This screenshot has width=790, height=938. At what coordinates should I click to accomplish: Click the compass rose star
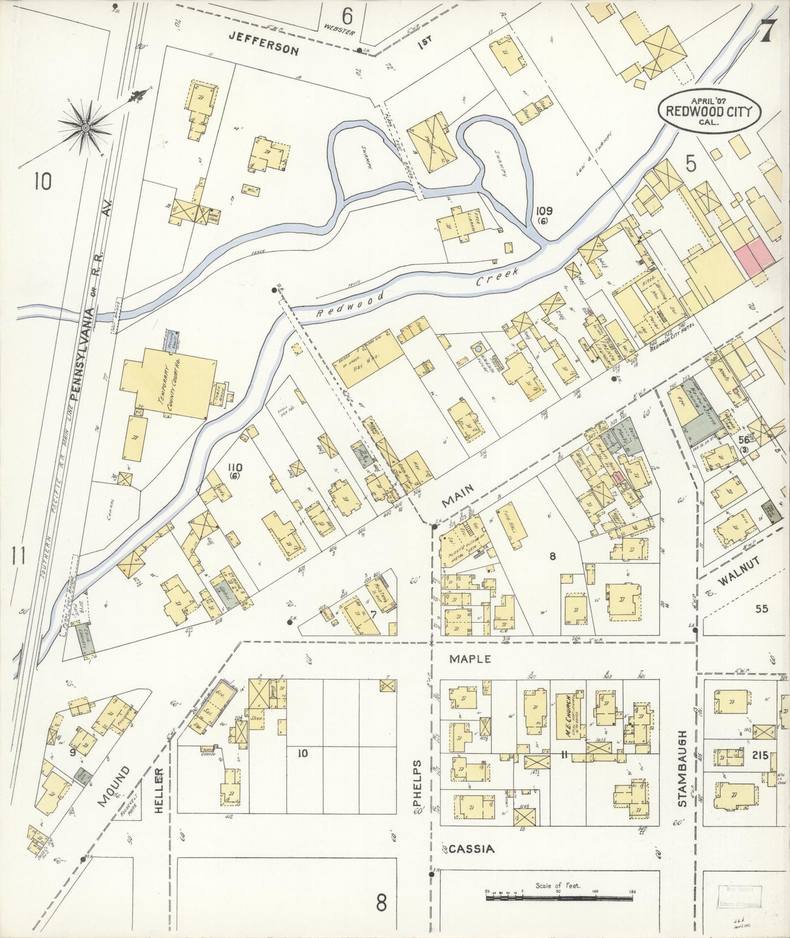click(x=85, y=128)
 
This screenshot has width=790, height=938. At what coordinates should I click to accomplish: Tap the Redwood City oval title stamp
click(x=709, y=111)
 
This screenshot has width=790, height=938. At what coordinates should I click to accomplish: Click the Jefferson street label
click(x=264, y=43)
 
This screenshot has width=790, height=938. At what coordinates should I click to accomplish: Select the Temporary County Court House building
click(x=168, y=388)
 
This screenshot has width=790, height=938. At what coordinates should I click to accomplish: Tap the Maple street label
click(x=470, y=659)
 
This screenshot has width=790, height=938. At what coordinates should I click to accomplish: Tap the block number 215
click(x=760, y=755)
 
